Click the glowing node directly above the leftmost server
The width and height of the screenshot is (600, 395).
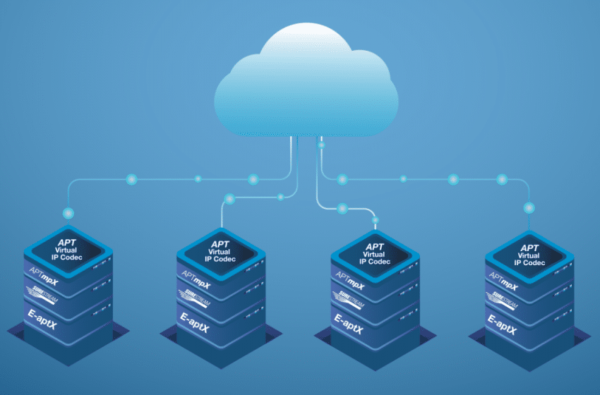pyautogui.click(x=68, y=212)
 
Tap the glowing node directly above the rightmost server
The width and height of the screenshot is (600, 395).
pyautogui.click(x=529, y=207)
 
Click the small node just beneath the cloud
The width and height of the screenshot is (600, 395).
pyautogui.click(x=321, y=146)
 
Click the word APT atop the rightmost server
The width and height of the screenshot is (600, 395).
pyautogui.click(x=529, y=247)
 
